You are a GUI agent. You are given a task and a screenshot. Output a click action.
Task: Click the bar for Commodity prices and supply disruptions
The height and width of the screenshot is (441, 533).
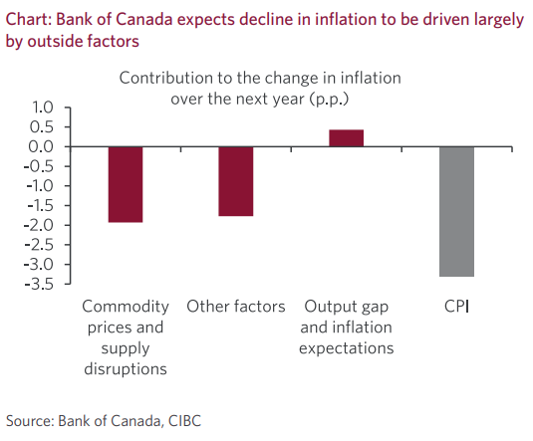point(126,184)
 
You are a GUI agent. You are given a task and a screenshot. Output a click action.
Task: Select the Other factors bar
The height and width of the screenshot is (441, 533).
point(236,181)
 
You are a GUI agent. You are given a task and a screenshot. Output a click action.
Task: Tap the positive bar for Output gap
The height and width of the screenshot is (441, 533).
point(347,138)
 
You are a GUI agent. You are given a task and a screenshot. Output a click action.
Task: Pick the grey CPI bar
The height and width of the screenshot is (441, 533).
point(456,212)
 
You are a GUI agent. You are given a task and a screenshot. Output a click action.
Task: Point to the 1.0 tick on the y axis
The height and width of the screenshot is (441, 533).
point(43,108)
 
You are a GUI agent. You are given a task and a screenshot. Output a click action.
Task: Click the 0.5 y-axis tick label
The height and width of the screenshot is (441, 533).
point(42,127)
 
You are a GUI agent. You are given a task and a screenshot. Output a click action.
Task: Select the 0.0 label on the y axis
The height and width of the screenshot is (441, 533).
point(41,146)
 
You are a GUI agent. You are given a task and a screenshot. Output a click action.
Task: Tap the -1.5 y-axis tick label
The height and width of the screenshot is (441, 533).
point(40,205)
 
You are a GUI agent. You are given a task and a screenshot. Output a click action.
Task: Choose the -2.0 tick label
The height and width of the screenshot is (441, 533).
point(39,225)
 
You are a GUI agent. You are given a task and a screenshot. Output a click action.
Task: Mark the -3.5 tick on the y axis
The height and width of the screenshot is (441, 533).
point(39,284)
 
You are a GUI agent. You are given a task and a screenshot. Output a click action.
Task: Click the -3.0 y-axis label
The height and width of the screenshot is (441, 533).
point(39,265)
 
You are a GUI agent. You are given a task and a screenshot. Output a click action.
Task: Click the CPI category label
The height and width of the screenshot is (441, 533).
point(456,307)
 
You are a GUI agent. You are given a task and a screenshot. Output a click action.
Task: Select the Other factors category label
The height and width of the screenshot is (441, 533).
point(236,307)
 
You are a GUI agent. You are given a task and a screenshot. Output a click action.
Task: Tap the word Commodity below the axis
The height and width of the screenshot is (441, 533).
point(126,308)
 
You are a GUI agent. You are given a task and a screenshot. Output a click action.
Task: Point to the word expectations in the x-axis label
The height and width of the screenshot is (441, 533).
point(347,349)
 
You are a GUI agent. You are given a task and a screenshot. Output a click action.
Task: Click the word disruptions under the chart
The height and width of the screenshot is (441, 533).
point(126,369)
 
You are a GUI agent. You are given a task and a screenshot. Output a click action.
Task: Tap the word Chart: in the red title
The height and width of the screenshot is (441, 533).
point(29,19)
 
